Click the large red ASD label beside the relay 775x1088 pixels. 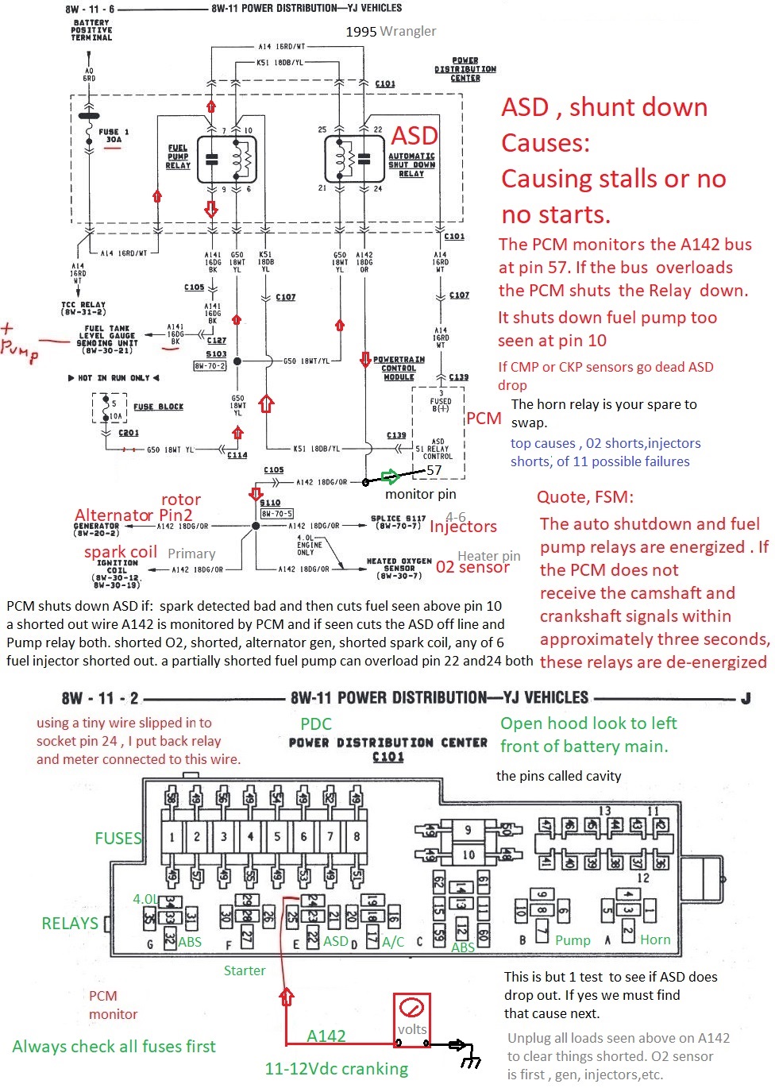(414, 136)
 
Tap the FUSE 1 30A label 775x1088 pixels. (114, 136)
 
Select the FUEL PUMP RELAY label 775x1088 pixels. (178, 156)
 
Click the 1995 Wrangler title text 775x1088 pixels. (391, 31)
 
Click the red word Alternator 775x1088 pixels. (114, 515)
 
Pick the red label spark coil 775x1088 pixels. (121, 552)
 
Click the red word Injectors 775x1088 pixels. (463, 527)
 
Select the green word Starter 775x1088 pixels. (245, 970)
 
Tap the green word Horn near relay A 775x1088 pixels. (655, 939)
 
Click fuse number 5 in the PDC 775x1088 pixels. (277, 836)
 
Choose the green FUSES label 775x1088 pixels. (118, 838)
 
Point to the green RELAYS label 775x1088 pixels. (70, 923)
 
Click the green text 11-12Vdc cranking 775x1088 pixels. (336, 1069)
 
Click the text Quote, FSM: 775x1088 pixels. (585, 497)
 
